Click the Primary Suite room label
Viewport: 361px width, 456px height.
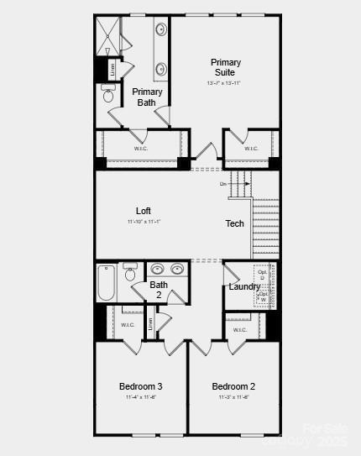coord(225,67)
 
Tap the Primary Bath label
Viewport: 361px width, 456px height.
coord(147,97)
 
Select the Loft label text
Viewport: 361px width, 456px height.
coord(144,211)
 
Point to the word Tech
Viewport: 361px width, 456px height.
coord(234,223)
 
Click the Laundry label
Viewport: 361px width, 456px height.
coord(244,287)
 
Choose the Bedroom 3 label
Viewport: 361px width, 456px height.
coord(140,386)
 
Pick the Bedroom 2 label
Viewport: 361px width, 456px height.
coord(233,386)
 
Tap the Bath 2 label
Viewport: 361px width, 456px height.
coord(159,290)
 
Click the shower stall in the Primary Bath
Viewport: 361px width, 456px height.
coord(107,36)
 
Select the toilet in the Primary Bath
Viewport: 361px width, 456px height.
coord(109,94)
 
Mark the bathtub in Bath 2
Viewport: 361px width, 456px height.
coord(105,284)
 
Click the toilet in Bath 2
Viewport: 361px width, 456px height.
coord(130,274)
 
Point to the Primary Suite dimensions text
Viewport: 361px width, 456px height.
coord(224,83)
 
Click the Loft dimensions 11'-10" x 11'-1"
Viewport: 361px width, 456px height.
coord(144,222)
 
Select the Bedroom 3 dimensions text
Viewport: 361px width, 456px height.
coord(140,397)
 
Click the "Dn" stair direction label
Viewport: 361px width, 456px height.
coord(223,183)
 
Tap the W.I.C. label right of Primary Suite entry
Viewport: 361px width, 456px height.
coord(251,149)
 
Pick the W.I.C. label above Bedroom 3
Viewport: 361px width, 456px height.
coord(128,324)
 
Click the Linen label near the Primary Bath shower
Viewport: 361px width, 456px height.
coord(112,70)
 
